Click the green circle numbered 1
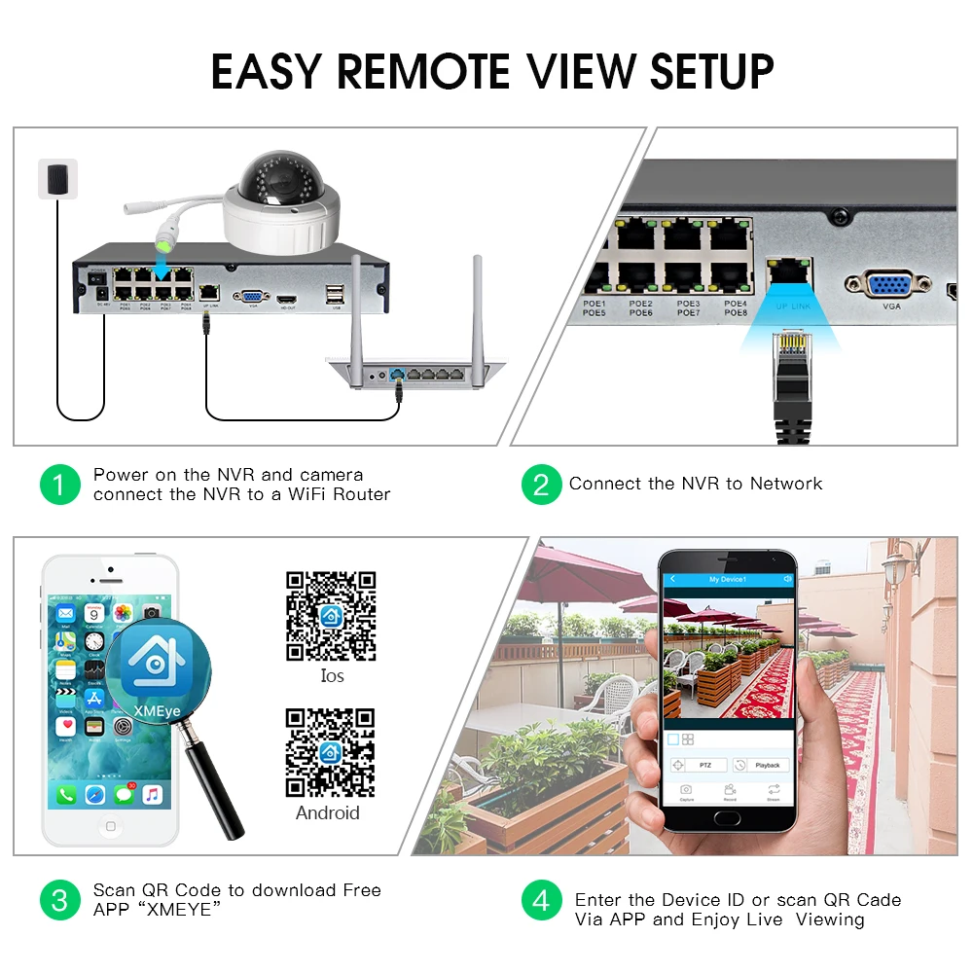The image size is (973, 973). (59, 484)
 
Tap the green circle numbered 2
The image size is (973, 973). (541, 484)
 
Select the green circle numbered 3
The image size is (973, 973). (59, 900)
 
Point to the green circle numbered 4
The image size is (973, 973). (541, 900)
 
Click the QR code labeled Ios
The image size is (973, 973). (331, 616)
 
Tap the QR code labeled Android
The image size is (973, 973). (330, 752)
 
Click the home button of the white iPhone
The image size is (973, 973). (110, 826)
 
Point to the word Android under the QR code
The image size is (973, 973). (328, 812)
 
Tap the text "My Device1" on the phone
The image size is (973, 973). (727, 579)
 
